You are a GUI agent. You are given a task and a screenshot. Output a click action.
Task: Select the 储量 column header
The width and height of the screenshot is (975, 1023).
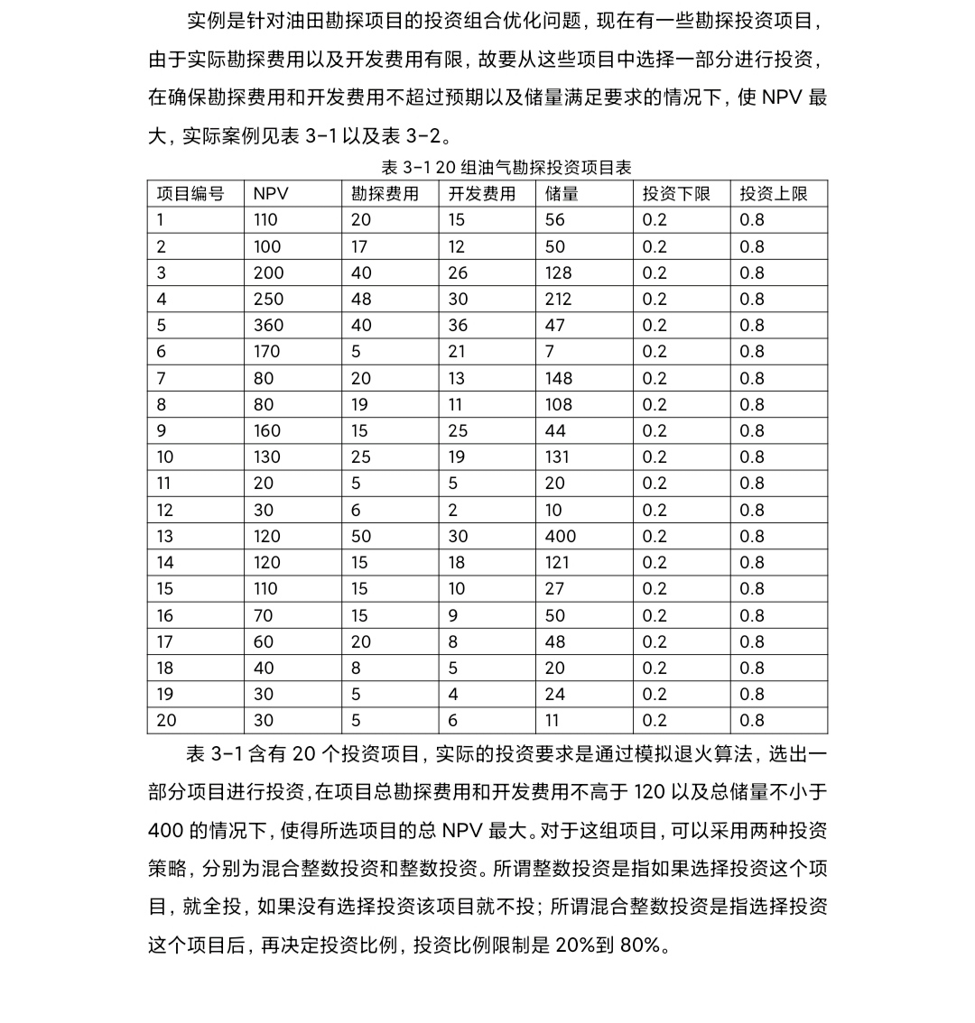pyautogui.click(x=562, y=194)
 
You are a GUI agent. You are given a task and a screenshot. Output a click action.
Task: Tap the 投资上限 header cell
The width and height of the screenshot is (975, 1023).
pyautogui.click(x=774, y=194)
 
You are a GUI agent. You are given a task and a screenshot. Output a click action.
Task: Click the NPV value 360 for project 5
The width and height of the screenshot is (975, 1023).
pyautogui.click(x=268, y=326)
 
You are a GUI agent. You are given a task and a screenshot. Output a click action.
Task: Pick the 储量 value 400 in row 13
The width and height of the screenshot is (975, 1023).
pyautogui.click(x=561, y=537)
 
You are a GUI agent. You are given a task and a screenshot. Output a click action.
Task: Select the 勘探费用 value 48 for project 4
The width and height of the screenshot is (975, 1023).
pyautogui.click(x=361, y=300)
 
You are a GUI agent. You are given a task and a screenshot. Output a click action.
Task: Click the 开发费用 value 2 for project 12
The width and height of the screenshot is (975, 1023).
pyautogui.click(x=453, y=511)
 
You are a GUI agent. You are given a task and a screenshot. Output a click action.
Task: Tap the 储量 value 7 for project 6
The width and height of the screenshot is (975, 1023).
pyautogui.click(x=550, y=352)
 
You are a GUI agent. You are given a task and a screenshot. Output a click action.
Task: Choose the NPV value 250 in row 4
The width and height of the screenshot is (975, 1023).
pyautogui.click(x=268, y=300)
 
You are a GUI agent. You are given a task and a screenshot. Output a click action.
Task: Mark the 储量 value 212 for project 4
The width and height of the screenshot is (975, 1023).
pyautogui.click(x=559, y=300)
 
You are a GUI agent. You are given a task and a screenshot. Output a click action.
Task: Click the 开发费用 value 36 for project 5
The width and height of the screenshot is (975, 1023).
pyautogui.click(x=458, y=326)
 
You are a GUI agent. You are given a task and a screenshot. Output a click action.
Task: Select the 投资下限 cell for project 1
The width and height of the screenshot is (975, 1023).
pyautogui.click(x=655, y=220)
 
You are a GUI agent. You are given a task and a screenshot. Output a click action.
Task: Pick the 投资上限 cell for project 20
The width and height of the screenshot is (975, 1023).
pyautogui.click(x=752, y=721)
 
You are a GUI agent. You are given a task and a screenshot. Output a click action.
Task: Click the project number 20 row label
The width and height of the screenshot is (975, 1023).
pyautogui.click(x=167, y=721)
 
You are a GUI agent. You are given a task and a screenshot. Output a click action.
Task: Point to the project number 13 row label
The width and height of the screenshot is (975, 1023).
pyautogui.click(x=165, y=537)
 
